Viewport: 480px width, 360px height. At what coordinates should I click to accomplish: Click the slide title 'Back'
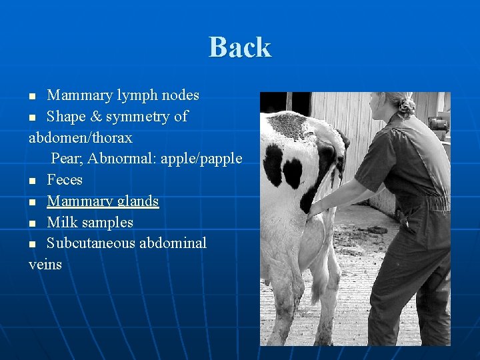[240, 47]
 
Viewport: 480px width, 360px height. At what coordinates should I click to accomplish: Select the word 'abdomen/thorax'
[81, 138]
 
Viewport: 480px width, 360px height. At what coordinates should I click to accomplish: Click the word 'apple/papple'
[201, 159]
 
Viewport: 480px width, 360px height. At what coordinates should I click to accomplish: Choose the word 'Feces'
[65, 180]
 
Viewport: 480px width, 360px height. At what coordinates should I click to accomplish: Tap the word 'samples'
[107, 222]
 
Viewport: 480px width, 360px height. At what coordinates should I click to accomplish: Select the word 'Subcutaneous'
[91, 243]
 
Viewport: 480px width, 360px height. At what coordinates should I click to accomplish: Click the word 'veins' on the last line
[45, 265]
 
